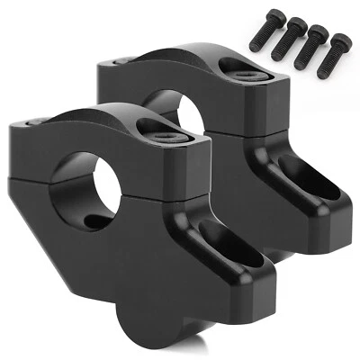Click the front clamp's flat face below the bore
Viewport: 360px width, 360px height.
(81, 270)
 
